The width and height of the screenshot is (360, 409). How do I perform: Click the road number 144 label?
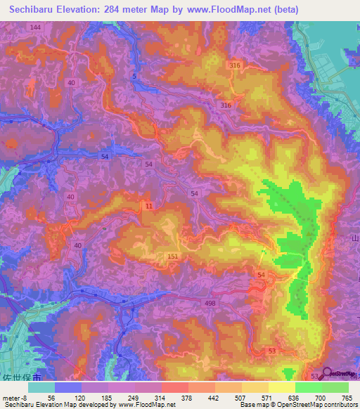click(x=36, y=26)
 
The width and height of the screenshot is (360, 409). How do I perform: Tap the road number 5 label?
click(x=134, y=75)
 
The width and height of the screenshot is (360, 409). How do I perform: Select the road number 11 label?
click(x=148, y=204)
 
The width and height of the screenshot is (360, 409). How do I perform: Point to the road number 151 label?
click(x=173, y=257)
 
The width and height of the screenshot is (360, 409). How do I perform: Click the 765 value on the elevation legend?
click(x=347, y=398)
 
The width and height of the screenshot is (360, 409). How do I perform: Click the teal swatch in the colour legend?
click(x=41, y=387)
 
